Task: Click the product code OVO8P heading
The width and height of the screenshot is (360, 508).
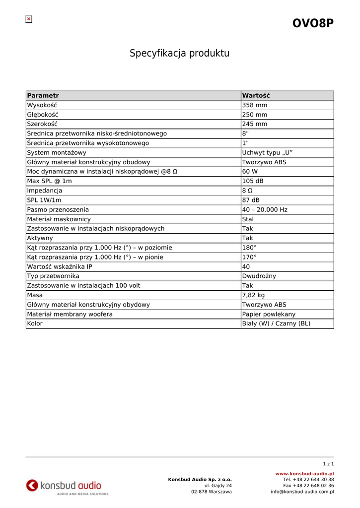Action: (x=313, y=23)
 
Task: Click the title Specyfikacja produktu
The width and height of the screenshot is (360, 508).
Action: (x=180, y=53)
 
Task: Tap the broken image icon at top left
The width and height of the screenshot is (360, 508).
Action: (x=29, y=19)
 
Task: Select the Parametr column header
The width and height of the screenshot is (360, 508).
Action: (x=43, y=96)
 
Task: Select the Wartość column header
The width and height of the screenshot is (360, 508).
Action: (x=256, y=96)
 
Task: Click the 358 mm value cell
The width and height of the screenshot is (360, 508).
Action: (x=254, y=105)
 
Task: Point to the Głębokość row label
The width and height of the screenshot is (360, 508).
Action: (x=43, y=115)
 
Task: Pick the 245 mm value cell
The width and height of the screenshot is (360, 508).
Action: (x=254, y=124)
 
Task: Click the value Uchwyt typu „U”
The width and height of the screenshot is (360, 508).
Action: (x=264, y=153)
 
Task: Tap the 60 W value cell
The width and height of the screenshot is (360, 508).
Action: (x=250, y=172)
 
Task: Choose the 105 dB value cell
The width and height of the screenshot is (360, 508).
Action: (x=253, y=181)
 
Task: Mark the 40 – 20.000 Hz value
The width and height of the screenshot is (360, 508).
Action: (x=265, y=210)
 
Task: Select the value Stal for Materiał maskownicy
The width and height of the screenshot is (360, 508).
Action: (x=248, y=219)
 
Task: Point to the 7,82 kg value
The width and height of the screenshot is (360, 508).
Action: (x=254, y=295)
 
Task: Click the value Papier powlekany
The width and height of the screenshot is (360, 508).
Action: (x=269, y=314)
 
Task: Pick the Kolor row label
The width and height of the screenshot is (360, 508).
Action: (x=35, y=323)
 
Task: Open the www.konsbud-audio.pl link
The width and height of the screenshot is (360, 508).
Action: (x=304, y=474)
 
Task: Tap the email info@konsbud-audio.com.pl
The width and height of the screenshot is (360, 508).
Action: (x=302, y=492)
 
